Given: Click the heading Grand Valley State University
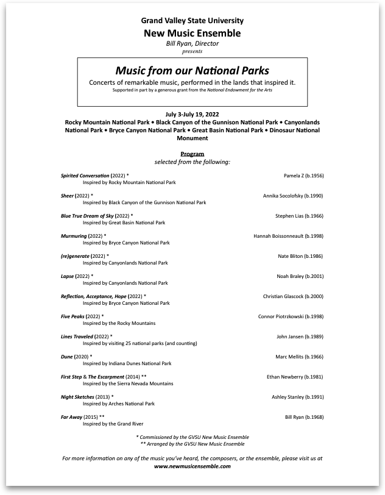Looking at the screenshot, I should tap(192, 20).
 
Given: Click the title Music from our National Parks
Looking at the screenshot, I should tap(192, 70).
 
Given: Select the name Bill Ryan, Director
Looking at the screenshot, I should tap(192, 44).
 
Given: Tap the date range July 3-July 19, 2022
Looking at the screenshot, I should tap(192, 115).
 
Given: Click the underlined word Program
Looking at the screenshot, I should tap(192, 154).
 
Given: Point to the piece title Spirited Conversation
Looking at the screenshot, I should tap(85, 176).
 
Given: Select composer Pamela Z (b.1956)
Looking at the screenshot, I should tap(303, 176).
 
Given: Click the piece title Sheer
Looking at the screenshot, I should tap(67, 196).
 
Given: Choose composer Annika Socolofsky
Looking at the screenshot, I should tap(293, 196).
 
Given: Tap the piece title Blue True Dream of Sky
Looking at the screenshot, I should tap(87, 216).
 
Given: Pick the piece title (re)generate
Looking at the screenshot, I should tap(75, 256).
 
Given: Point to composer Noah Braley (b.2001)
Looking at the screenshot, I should tap(300, 276).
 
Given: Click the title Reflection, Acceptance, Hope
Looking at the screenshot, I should tap(93, 296).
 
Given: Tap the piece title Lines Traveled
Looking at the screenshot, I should tap(77, 337).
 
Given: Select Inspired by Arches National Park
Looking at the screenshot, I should tap(119, 404).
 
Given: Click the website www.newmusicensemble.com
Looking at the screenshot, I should tap(192, 466).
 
